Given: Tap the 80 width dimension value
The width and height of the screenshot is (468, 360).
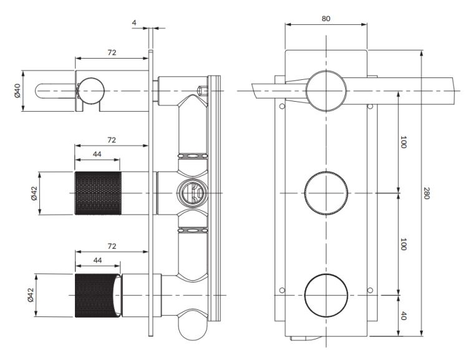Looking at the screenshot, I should click(326, 18).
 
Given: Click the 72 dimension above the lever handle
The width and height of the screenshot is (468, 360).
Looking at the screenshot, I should click(111, 53).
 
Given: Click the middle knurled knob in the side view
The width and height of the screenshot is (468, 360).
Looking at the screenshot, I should click(97, 193).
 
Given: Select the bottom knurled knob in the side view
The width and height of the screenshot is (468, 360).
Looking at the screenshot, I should click(97, 296).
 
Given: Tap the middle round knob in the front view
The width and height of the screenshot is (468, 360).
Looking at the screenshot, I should click(326, 193).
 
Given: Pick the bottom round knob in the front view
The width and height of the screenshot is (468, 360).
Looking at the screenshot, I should click(326, 295).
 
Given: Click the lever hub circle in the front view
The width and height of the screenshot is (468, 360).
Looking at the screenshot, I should click(326, 90).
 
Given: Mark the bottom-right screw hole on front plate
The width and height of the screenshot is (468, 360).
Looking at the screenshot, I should click(371, 289).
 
